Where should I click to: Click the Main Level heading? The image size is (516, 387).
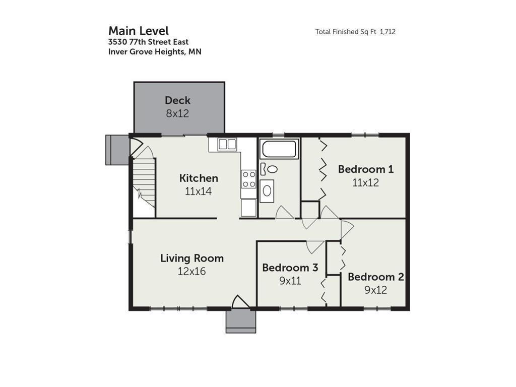coord(139,31)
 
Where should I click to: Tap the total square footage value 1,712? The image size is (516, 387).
coord(388,32)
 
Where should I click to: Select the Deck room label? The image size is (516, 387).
coord(178,100)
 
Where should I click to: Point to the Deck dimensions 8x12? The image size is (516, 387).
coord(178,113)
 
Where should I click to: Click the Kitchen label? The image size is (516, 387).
coord(199,178)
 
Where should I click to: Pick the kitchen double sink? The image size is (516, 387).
coord(227,144)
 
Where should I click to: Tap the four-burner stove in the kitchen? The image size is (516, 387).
coord(248,179)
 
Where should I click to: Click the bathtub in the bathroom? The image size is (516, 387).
coord(279,149)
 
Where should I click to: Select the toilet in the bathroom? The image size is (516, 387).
coord(269,169)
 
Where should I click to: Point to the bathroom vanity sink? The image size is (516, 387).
coord(267,190)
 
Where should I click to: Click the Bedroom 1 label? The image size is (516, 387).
coord(366,169)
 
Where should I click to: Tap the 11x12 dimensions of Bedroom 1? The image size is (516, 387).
coord(366,182)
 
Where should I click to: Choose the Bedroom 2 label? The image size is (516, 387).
coord(376,277)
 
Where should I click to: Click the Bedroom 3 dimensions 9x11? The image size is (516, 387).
coord(290,281)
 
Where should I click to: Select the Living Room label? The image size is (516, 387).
coord(192,258)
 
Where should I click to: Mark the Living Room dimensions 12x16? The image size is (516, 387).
coord(192,271)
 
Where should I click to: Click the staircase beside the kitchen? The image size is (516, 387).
coord(144,182)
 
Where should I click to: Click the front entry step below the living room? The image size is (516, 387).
coord(241,321)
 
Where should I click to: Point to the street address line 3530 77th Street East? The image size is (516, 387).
coord(149,42)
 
